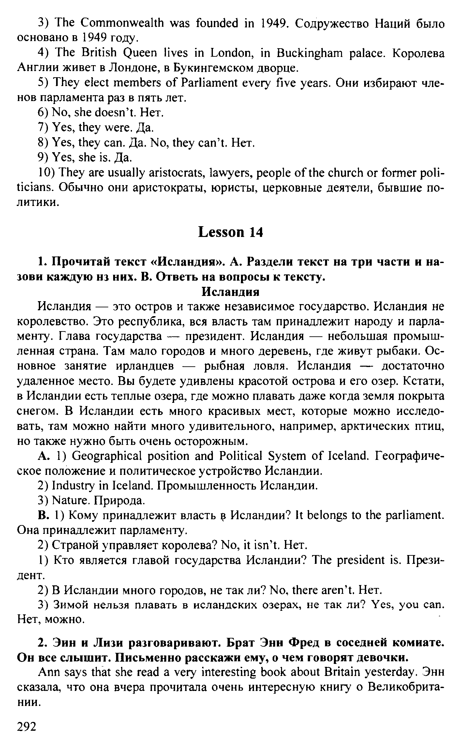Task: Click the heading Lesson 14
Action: pyautogui.click(x=231, y=232)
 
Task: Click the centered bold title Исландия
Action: pyautogui.click(x=231, y=292)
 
